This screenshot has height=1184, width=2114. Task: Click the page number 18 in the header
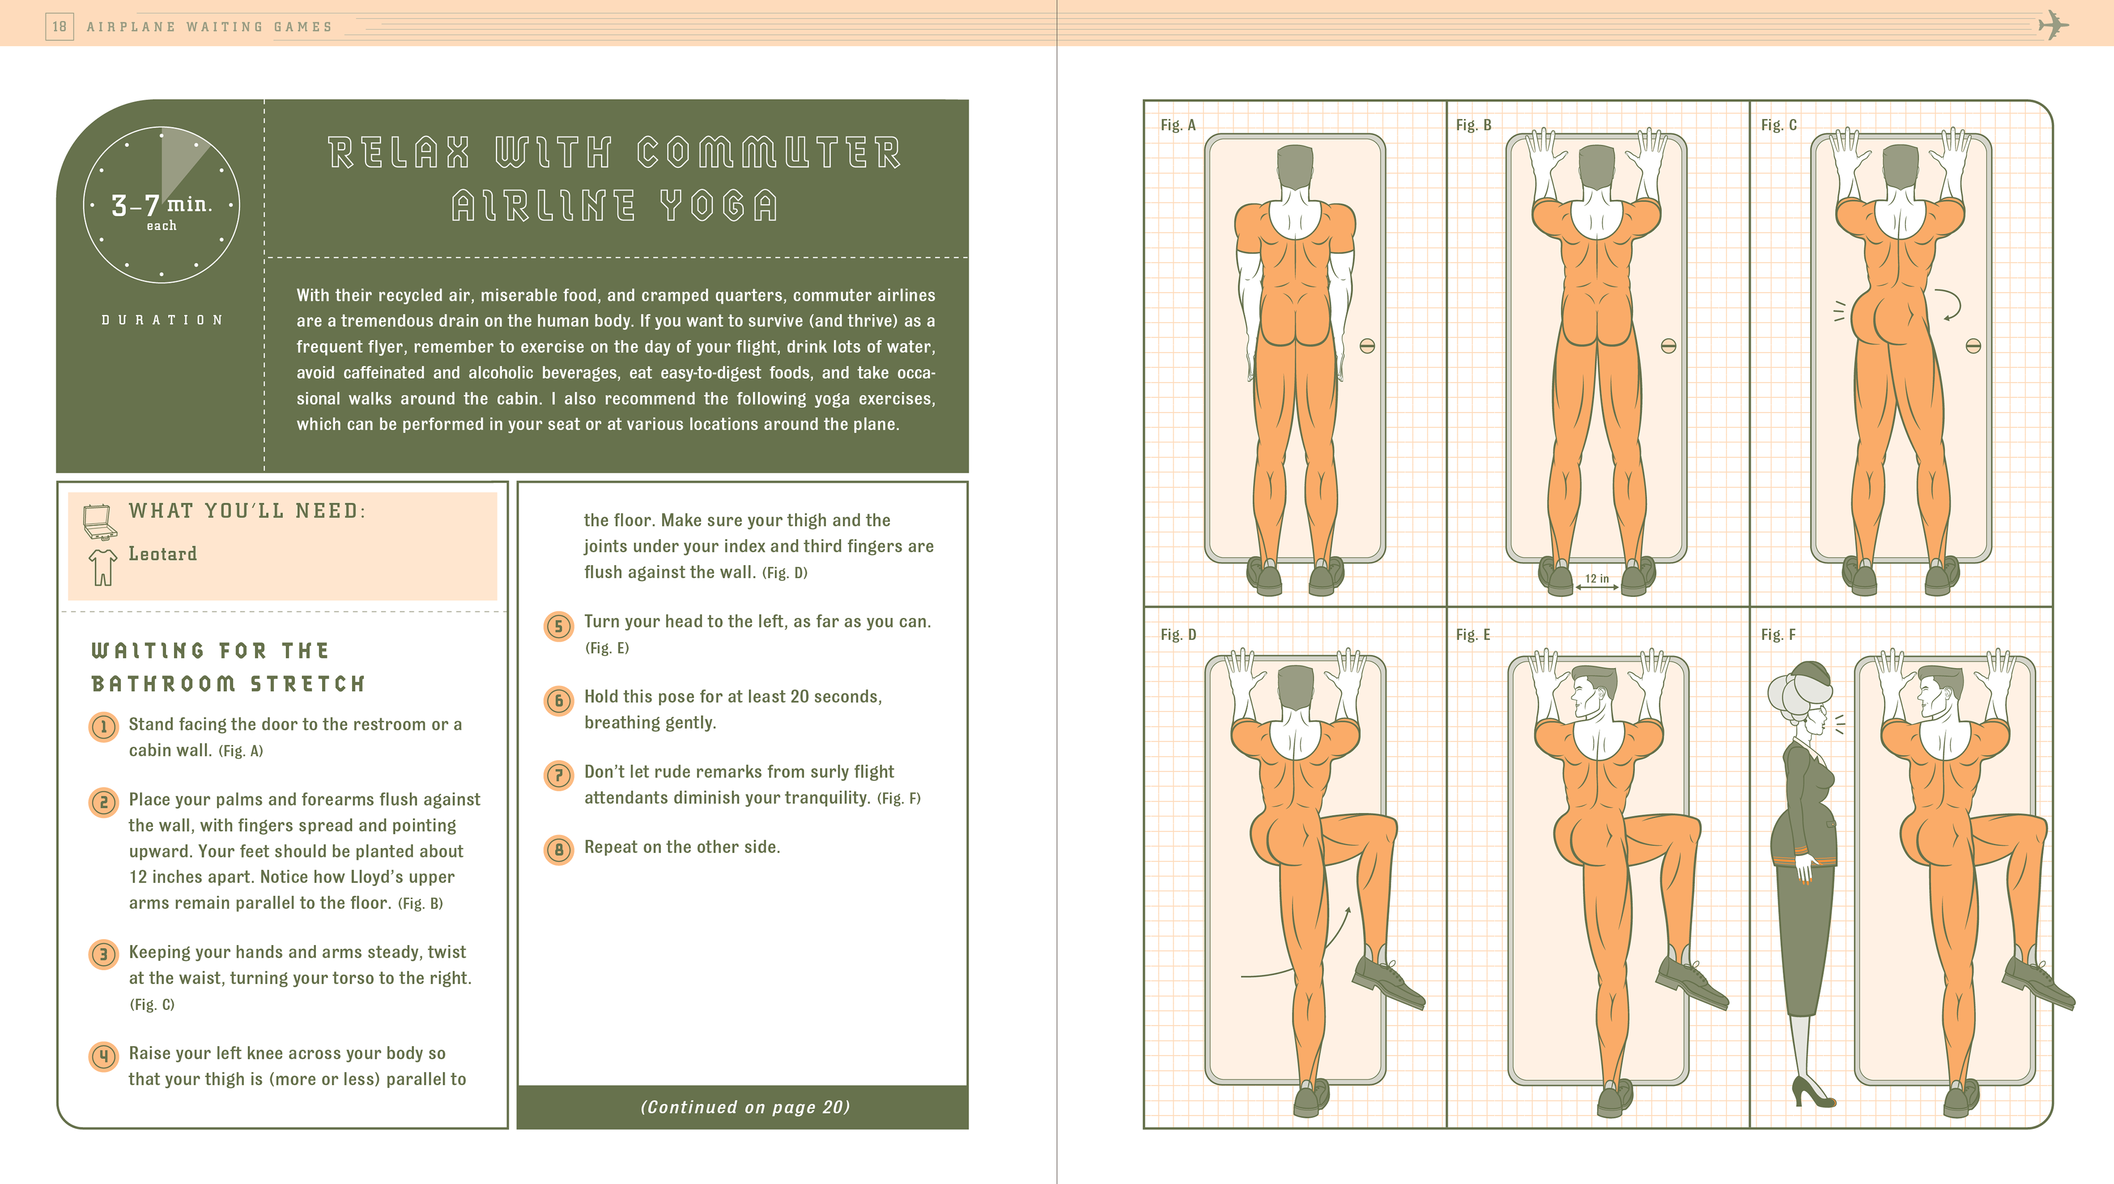pos(59,26)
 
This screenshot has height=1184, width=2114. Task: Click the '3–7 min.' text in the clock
pos(162,204)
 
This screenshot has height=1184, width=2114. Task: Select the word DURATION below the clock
pos(162,320)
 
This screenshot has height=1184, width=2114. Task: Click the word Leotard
pos(162,554)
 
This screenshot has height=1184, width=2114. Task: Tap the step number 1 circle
pos(103,727)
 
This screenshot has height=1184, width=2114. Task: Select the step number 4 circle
pos(103,1056)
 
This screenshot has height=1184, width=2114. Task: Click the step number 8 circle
pos(559,849)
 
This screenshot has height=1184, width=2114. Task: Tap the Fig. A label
pos(1178,126)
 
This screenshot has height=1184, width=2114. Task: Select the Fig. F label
pos(1778,635)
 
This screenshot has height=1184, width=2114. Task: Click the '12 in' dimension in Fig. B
pos(1596,579)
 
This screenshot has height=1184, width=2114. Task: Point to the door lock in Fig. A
pos(1366,346)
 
